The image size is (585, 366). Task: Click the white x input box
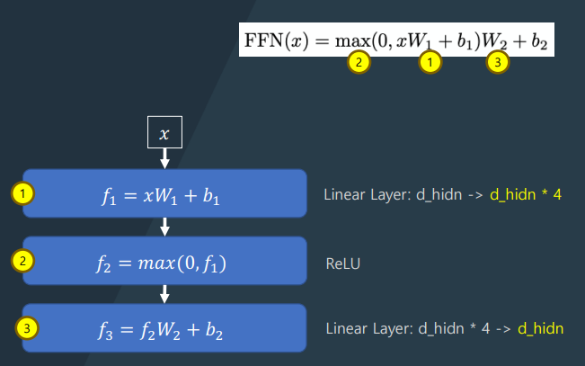(164, 133)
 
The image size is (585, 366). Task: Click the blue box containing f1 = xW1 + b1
(164, 194)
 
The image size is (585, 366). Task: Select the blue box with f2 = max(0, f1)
(164, 261)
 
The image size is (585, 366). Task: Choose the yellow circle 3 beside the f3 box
(29, 328)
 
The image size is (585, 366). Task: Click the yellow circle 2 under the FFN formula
(359, 62)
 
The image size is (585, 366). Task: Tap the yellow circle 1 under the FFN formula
(431, 62)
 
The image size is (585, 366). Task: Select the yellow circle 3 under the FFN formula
(498, 62)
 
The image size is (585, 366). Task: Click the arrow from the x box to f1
(164, 157)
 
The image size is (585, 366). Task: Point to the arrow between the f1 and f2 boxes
(164, 228)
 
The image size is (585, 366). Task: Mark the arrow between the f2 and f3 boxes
(164, 294)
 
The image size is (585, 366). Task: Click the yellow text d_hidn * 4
(525, 194)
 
